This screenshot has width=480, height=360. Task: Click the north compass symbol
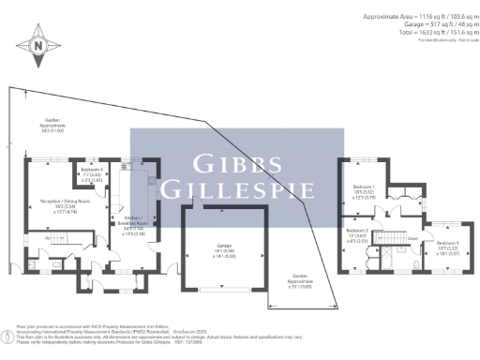pyautogui.click(x=37, y=45)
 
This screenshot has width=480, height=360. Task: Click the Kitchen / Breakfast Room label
pyautogui.click(x=138, y=222)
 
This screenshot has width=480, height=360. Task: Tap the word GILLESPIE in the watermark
pyautogui.click(x=236, y=187)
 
